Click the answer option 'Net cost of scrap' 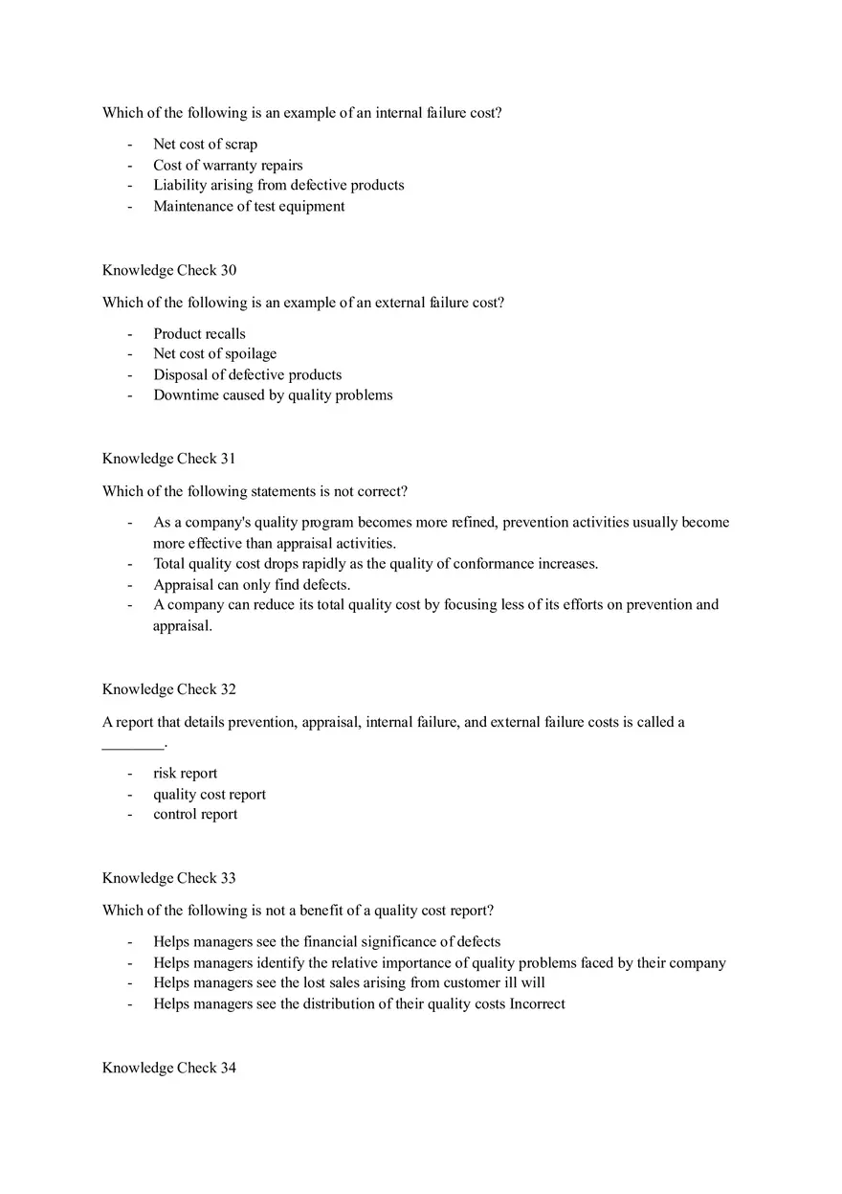point(205,145)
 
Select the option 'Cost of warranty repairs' point(228,166)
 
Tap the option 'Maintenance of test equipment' point(249,206)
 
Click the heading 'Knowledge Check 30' point(169,270)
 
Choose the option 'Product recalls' point(199,334)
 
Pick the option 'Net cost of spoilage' point(214,354)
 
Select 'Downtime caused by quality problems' point(273,395)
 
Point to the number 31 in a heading point(228,459)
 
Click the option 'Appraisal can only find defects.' point(252,584)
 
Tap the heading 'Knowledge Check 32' point(169,689)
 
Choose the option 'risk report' point(185,774)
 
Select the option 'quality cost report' point(210,795)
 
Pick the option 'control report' point(195,815)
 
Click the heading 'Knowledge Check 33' point(169,878)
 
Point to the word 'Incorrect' point(538,1004)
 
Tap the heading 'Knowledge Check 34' point(169,1068)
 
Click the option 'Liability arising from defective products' point(278,186)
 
